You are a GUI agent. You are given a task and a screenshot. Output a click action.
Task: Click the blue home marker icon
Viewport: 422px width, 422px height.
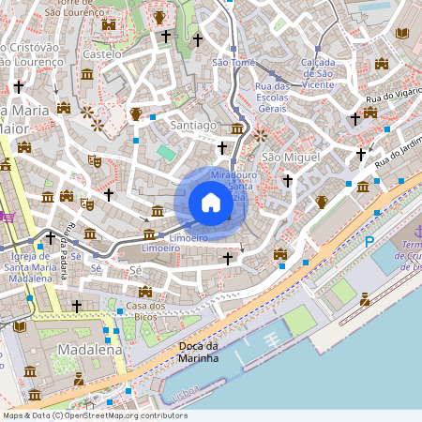[x=211, y=203]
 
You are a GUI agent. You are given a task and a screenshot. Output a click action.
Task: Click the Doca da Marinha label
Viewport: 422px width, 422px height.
[x=198, y=352]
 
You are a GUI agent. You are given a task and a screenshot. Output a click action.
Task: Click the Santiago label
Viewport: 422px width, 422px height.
[x=194, y=124]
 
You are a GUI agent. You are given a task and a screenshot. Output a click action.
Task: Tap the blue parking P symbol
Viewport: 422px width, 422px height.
[x=369, y=241]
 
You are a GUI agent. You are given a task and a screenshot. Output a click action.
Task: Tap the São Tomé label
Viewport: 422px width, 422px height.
[x=234, y=62]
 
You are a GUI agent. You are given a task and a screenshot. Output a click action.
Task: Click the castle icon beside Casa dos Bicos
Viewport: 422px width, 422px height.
[x=145, y=292]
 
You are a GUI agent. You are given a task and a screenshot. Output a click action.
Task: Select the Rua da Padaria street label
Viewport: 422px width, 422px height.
[x=70, y=245]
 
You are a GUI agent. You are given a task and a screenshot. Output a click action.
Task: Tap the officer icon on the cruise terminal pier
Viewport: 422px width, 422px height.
[x=364, y=299]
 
